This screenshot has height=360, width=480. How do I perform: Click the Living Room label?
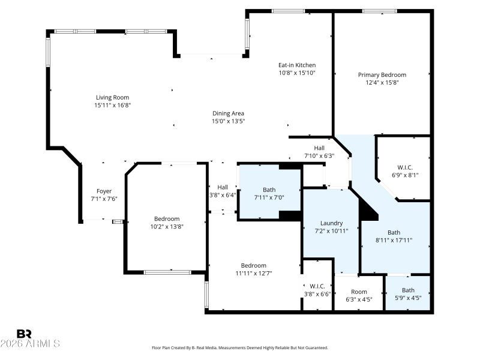click(x=112, y=97)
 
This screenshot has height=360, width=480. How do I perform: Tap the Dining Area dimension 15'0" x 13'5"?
click(x=228, y=121)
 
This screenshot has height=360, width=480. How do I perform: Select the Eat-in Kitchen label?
click(x=296, y=65)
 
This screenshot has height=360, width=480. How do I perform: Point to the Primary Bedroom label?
click(x=382, y=74)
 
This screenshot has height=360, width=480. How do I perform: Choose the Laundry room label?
click(x=331, y=222)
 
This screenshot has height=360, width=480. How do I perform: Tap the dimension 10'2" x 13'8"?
click(x=166, y=227)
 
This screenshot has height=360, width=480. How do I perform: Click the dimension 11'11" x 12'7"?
click(x=253, y=274)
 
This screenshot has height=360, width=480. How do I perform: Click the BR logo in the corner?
click(x=24, y=334)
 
